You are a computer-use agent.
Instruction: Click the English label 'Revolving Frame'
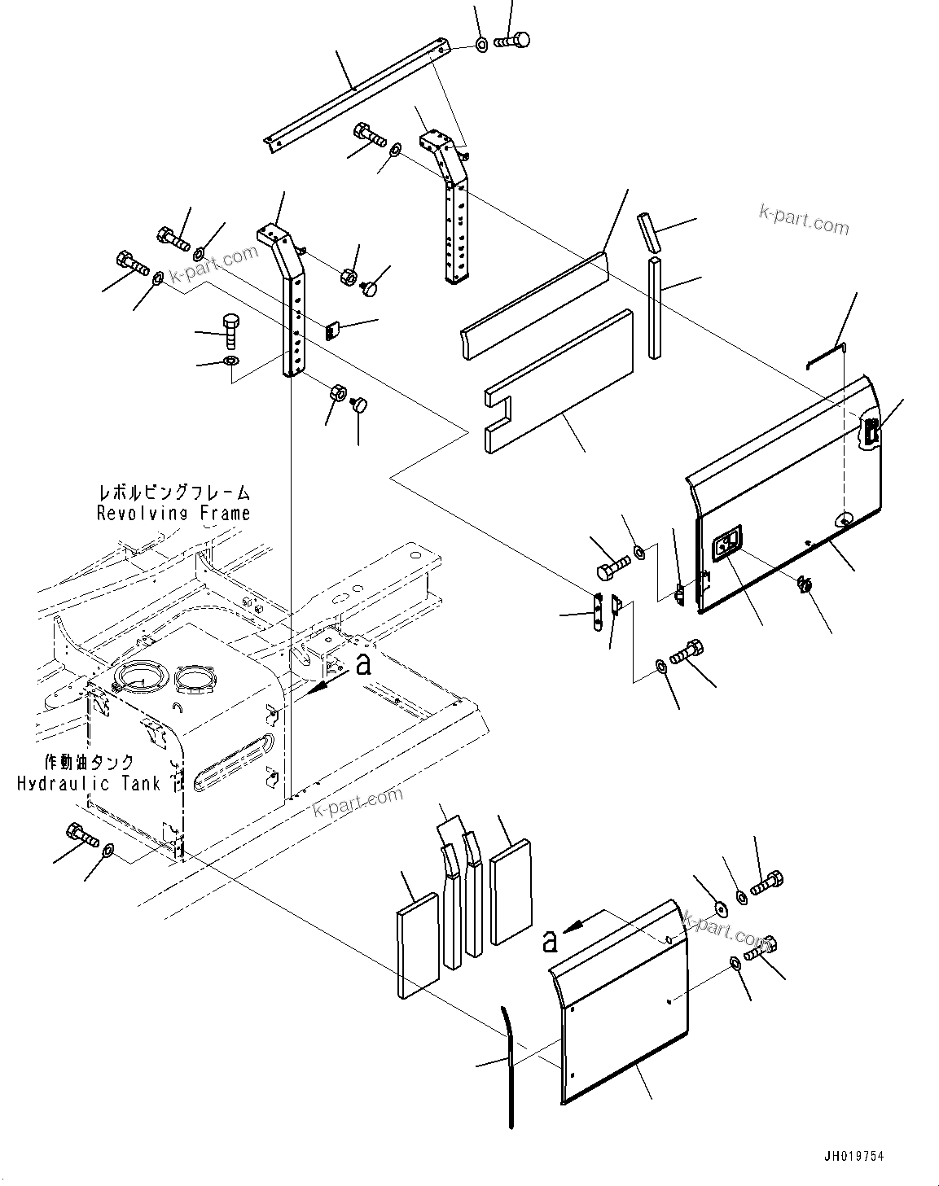(173, 513)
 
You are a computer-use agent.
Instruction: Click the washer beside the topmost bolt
(481, 43)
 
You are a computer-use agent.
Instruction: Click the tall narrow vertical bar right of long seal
(656, 307)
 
